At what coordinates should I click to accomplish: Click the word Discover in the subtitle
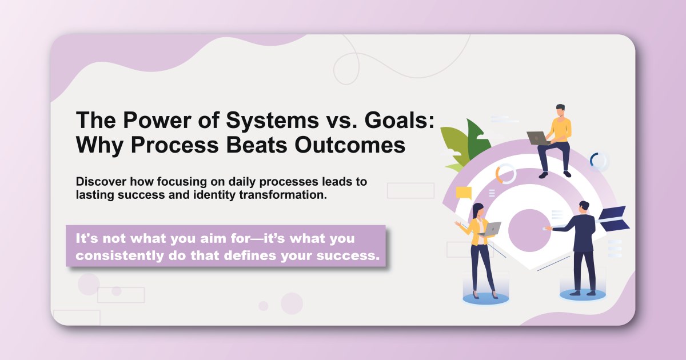(101, 182)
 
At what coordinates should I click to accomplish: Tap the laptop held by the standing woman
(490, 229)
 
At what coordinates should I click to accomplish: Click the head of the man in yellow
(560, 110)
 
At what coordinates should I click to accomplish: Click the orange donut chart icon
(506, 174)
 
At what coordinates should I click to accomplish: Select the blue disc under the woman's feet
(481, 298)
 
